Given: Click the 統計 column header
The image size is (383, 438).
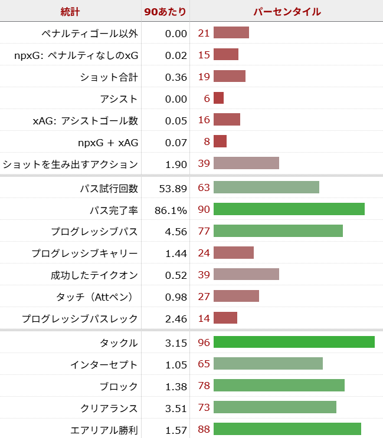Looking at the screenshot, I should (x=71, y=12).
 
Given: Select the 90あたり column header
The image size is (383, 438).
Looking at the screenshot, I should (x=166, y=12).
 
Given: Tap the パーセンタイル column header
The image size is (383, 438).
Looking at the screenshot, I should (x=287, y=12).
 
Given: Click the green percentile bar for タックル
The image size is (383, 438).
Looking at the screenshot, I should (x=294, y=343).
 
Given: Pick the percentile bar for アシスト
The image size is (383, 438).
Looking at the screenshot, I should (x=218, y=98).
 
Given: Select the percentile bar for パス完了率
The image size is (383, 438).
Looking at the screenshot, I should (x=289, y=210).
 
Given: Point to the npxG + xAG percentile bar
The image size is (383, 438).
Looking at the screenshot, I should (x=220, y=142).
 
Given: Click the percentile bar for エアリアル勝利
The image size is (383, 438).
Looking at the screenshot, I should (x=287, y=430).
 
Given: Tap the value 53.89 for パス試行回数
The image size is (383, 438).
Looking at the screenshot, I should (x=173, y=189).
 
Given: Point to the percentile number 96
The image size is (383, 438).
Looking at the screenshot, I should (x=204, y=343).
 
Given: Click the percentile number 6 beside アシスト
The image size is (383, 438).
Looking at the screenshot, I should (x=207, y=98).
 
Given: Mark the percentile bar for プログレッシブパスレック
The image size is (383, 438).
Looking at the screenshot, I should (x=225, y=318).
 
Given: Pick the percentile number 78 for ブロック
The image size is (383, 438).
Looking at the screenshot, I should (x=204, y=386).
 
